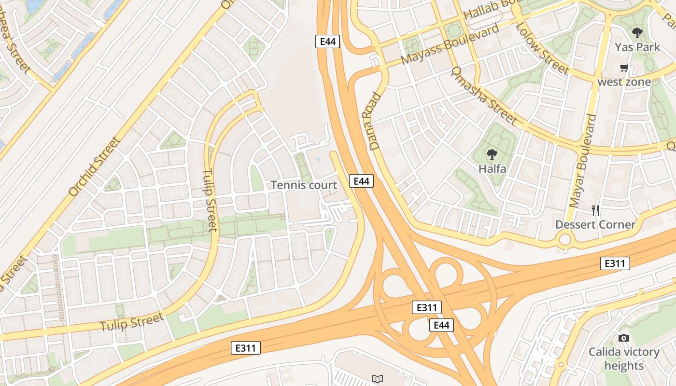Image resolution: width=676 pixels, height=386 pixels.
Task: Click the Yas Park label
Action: click(x=637, y=47)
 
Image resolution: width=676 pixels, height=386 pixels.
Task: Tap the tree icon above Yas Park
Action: click(x=637, y=33)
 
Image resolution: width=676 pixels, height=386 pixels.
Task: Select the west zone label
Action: click(x=624, y=82)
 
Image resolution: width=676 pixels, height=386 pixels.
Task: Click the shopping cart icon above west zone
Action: click(x=624, y=68)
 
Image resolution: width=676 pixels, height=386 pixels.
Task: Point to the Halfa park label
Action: click(x=492, y=169)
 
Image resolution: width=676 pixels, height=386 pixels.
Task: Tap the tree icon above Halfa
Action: click(x=492, y=154)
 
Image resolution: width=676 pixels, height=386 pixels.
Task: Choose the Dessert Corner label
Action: click(x=595, y=224)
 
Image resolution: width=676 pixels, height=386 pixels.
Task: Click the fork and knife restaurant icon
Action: click(x=595, y=210)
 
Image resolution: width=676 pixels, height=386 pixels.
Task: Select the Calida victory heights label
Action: click(x=624, y=358)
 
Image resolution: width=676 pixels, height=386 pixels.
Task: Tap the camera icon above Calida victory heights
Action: click(x=624, y=338)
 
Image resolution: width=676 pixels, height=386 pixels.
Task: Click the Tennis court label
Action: click(x=304, y=185)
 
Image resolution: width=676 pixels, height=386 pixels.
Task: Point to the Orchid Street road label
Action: click(x=94, y=166)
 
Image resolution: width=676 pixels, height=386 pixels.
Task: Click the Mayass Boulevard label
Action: click(x=450, y=44)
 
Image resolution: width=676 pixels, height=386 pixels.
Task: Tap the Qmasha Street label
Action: click(x=483, y=96)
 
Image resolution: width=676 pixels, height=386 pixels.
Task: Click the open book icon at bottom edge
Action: click(x=377, y=379)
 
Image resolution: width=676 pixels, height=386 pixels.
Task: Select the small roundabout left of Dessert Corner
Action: click(x=564, y=239)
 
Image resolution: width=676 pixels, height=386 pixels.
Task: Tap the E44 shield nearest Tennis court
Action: click(x=361, y=181)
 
